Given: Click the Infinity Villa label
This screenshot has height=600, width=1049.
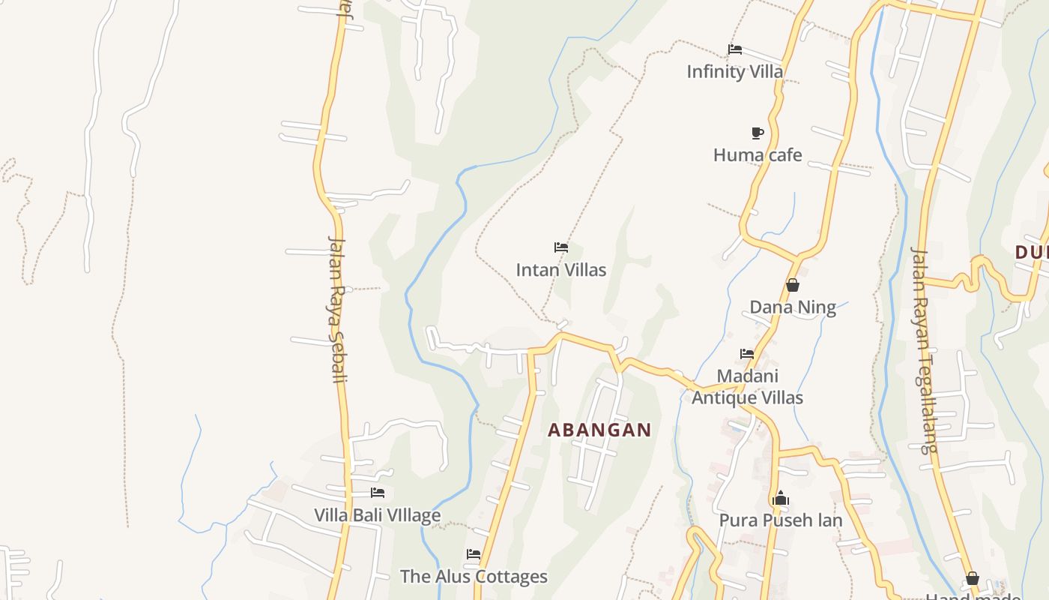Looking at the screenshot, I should click(735, 72).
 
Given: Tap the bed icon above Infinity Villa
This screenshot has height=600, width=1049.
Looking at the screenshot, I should click(735, 49).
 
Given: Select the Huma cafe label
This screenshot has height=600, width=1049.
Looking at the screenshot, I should click(758, 155).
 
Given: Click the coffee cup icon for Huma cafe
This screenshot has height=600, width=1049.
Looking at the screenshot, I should click(758, 133).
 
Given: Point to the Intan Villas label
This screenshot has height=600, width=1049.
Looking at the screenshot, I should click(560, 270).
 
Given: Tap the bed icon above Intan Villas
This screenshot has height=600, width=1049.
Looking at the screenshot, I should click(561, 247).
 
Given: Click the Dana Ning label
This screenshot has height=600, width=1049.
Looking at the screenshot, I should click(793, 307).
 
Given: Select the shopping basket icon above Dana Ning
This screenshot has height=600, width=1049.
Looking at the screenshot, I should click(793, 285).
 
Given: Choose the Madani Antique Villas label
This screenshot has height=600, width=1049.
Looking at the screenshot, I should click(747, 387).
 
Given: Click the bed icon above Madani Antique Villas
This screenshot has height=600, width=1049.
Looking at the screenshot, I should click(747, 353).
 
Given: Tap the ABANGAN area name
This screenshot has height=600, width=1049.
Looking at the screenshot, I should click(599, 430).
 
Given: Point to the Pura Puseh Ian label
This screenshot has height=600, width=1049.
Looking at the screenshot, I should click(781, 520).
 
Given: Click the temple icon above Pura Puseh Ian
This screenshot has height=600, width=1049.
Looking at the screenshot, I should click(781, 499).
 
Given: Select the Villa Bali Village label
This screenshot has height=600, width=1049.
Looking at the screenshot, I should click(377, 515).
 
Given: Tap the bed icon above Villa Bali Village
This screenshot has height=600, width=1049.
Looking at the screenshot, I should click(378, 493).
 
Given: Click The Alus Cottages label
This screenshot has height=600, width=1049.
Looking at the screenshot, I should click(474, 577).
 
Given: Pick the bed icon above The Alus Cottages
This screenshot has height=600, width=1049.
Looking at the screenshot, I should click(474, 554).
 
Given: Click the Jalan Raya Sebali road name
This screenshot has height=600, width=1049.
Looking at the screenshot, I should click(338, 309).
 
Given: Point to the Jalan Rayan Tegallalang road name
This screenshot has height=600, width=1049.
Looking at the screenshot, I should click(923, 349).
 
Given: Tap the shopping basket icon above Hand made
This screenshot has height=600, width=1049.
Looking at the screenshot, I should click(973, 578).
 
